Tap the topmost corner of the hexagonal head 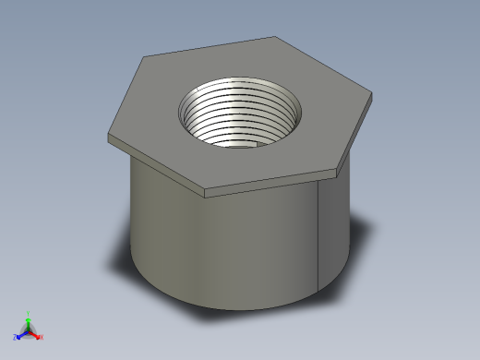pos(275,37)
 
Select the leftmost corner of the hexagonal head pos(109,135)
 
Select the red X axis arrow pos(37,336)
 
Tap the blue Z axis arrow pos(20,335)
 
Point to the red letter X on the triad pos(42,338)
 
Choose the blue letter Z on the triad pos(16,338)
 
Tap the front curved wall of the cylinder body pos(222,249)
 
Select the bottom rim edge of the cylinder pos(231,309)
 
